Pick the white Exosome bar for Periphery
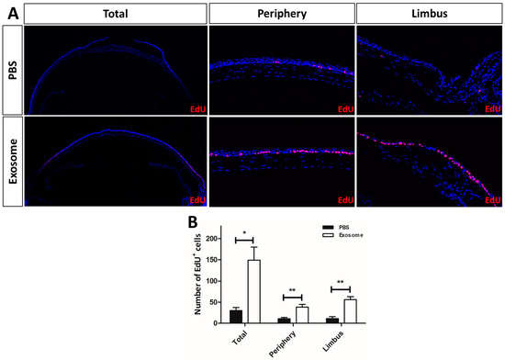pos(300,314)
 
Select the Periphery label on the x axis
pos(286,339)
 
